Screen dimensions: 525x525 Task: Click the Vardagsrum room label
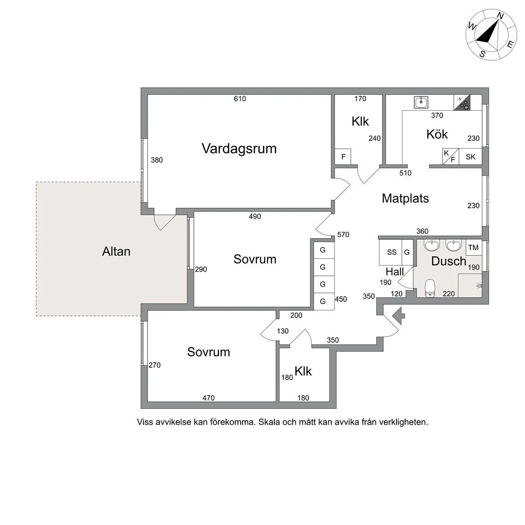pyautogui.click(x=239, y=149)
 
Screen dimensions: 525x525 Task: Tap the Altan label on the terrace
pyautogui.click(x=116, y=252)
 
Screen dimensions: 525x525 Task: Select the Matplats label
pyautogui.click(x=405, y=198)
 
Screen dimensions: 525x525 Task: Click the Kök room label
pyautogui.click(x=437, y=134)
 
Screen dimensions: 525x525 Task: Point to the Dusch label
pyautogui.click(x=448, y=261)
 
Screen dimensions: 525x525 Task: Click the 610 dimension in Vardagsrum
pyautogui.click(x=240, y=99)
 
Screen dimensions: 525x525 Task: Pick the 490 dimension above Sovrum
pyautogui.click(x=255, y=216)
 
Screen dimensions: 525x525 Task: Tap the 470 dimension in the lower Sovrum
pyautogui.click(x=208, y=398)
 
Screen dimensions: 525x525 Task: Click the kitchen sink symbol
pyautogui.click(x=421, y=102)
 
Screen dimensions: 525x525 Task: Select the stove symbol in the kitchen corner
pyautogui.click(x=462, y=103)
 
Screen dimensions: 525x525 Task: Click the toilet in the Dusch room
pyautogui.click(x=429, y=288)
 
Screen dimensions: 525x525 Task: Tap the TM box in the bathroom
pyautogui.click(x=474, y=248)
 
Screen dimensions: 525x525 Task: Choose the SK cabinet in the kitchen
pyautogui.click(x=470, y=157)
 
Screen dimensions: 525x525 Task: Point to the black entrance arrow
pyautogui.click(x=398, y=316)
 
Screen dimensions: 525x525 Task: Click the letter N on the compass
pyautogui.click(x=500, y=16)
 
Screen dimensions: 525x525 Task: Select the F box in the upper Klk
pyautogui.click(x=343, y=157)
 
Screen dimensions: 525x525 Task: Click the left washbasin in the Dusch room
pyautogui.click(x=431, y=245)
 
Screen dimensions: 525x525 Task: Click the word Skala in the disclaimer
pyautogui.click(x=269, y=422)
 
